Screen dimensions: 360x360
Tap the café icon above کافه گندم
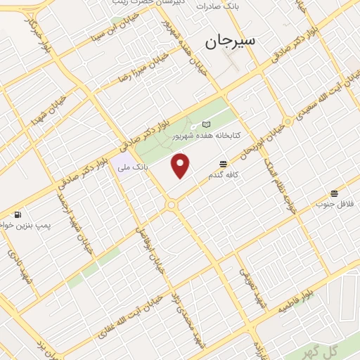coord(223,165)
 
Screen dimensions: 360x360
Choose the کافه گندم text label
coord(223,175)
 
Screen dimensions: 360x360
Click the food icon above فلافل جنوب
coord(334,193)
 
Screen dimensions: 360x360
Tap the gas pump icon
coord(18,214)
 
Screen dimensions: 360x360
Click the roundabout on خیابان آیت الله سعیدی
coord(287,120)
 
